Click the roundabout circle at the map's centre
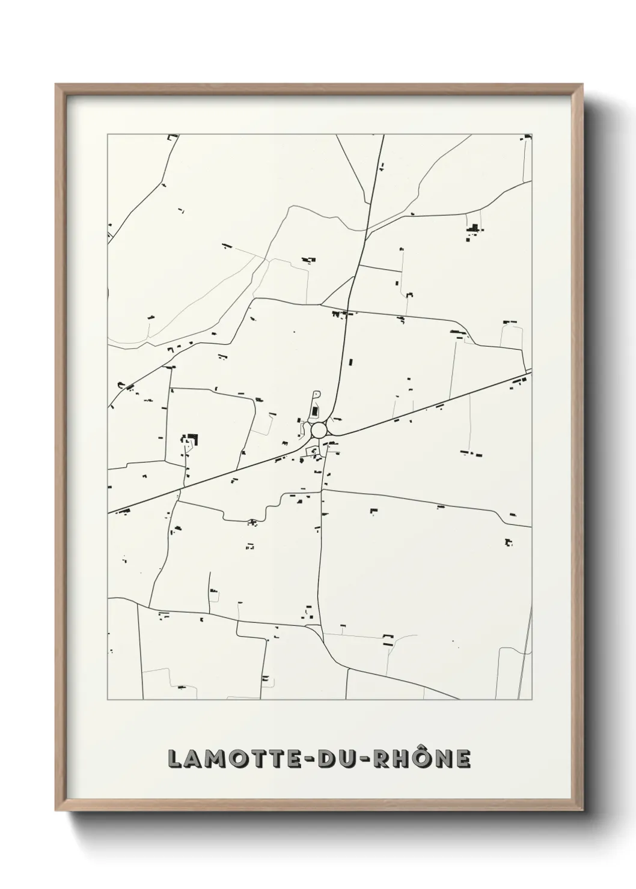coord(319,430)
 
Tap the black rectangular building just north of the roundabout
coord(314,411)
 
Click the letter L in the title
coord(175,759)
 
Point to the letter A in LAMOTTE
coord(195,759)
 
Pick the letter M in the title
coord(218,759)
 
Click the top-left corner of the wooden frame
coord(56,85)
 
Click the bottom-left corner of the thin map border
coord(108,700)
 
